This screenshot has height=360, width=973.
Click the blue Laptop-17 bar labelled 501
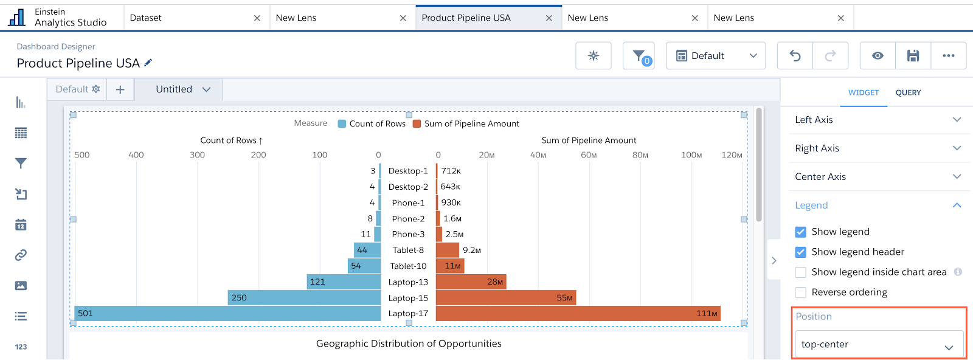click(227, 314)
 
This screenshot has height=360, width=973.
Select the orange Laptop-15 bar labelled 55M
click(506, 298)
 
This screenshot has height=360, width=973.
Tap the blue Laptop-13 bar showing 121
click(344, 282)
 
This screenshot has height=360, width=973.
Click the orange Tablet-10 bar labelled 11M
click(450, 266)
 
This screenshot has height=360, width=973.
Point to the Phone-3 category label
click(408, 234)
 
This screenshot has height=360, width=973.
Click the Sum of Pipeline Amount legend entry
click(466, 124)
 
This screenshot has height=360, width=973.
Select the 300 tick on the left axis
click(197, 155)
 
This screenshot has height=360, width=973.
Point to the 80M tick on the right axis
click(640, 155)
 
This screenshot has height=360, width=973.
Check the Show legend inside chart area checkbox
click(800, 272)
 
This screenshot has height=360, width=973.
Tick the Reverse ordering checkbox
click(800, 292)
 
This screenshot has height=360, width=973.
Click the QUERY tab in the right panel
click(908, 92)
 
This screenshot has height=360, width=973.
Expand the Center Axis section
click(878, 177)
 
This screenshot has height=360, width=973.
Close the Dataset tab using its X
click(257, 18)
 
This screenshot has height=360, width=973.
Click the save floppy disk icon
click(913, 55)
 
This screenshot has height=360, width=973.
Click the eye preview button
click(878, 55)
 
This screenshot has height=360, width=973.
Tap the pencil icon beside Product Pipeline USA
click(148, 63)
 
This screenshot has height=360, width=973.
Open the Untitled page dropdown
click(183, 89)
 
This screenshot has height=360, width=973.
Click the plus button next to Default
click(120, 89)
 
